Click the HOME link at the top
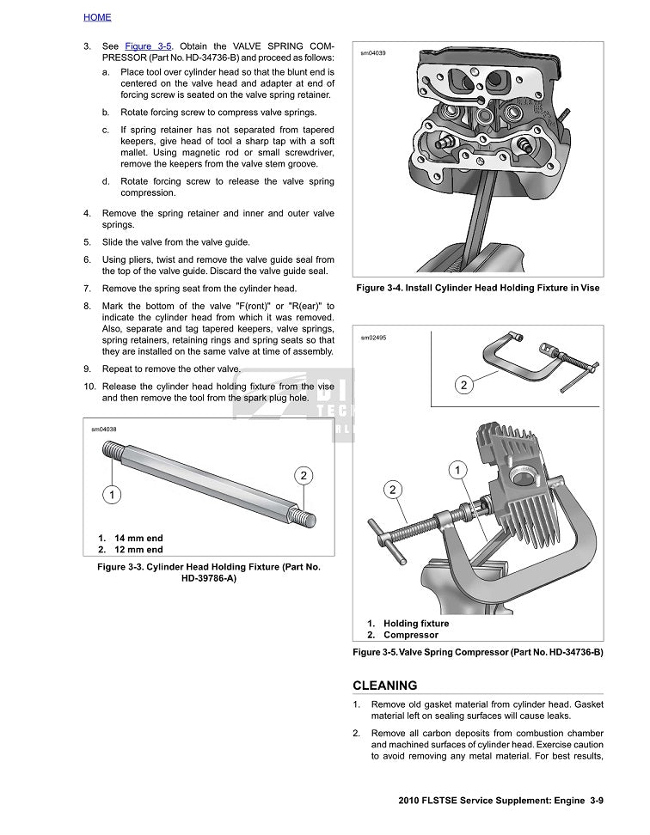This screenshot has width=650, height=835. (x=97, y=17)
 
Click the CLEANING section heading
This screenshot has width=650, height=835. (x=385, y=686)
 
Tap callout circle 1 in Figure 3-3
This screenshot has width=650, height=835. (x=112, y=494)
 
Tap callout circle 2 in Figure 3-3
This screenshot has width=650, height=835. (x=303, y=476)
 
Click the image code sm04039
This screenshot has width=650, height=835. (x=372, y=53)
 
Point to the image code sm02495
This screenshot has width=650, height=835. (x=372, y=338)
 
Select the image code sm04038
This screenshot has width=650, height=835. (x=104, y=429)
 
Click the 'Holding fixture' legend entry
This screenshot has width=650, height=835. (x=415, y=624)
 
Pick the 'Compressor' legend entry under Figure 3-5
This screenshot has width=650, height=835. (x=410, y=636)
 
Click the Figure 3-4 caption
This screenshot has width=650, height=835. (x=477, y=288)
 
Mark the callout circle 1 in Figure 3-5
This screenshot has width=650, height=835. (x=458, y=470)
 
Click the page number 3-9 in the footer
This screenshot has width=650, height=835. (x=596, y=801)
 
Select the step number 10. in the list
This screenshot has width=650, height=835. (x=89, y=387)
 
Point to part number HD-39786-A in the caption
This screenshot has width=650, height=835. (x=208, y=578)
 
